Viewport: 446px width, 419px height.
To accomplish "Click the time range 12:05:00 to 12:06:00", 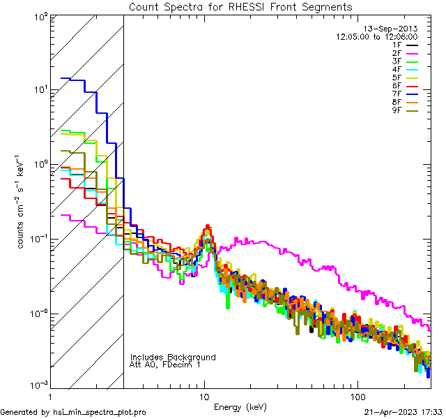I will point(376,36).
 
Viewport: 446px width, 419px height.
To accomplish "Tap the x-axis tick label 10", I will point(204,395).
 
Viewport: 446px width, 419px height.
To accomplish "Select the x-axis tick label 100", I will point(357,395).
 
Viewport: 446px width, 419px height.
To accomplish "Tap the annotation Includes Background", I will point(173,358).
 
